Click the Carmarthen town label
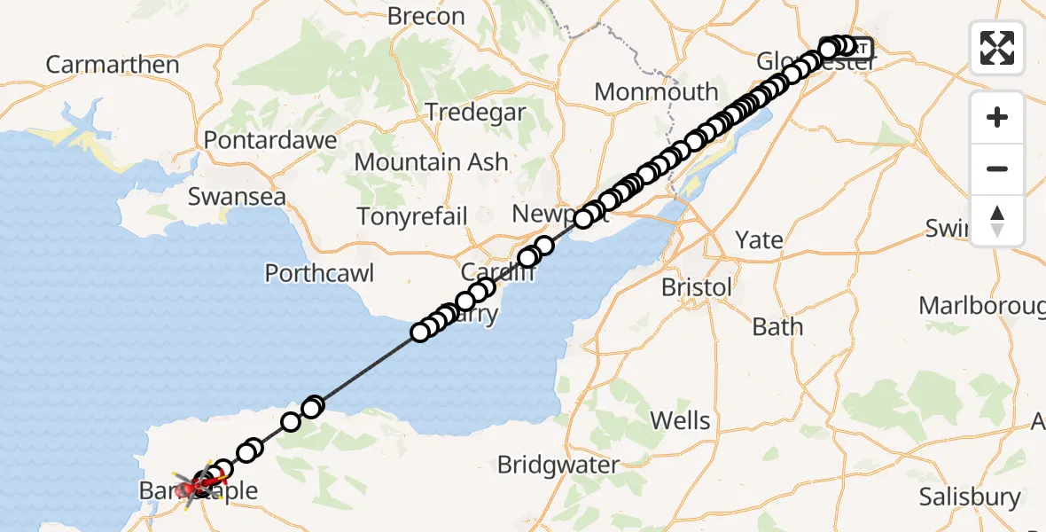[112, 65]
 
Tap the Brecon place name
[426, 16]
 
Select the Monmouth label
[656, 91]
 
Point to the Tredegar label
[475, 113]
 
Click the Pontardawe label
[270, 139]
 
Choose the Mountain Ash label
[431, 162]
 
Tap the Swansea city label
[237, 196]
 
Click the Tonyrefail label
[412, 216]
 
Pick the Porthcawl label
[319, 273]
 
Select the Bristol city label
[698, 287]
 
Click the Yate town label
[760, 239]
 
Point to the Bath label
[777, 326]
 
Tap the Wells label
[680, 419]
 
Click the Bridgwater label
[558, 465]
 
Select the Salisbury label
[970, 497]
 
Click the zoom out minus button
[997, 168]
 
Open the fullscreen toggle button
[997, 48]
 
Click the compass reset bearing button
[997, 220]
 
